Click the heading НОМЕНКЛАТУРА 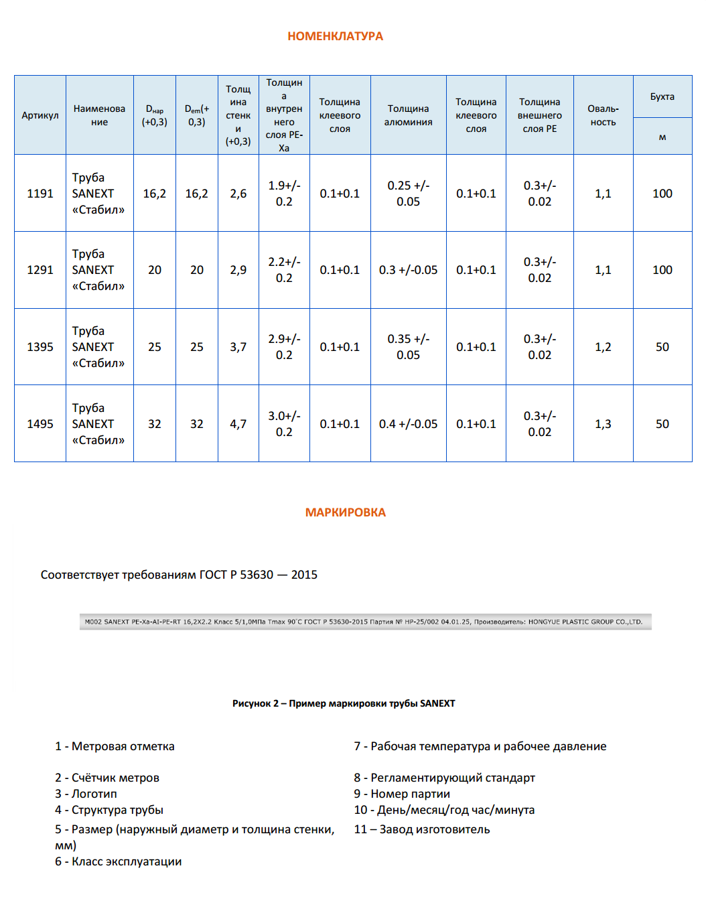click(x=335, y=36)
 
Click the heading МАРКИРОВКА click(x=345, y=512)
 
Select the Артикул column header click(x=40, y=115)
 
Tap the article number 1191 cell click(x=40, y=194)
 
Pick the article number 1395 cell click(x=40, y=347)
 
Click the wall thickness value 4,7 click(x=238, y=424)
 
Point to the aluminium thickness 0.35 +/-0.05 click(x=408, y=347)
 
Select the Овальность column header click(x=603, y=115)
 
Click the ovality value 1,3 click(x=603, y=424)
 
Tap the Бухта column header click(x=662, y=96)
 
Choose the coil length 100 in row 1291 click(x=662, y=270)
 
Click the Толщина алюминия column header click(x=408, y=115)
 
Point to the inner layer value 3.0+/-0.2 click(x=284, y=424)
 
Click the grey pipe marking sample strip click(x=365, y=622)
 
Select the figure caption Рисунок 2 click(x=344, y=703)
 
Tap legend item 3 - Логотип click(x=86, y=794)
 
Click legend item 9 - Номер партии click(x=402, y=794)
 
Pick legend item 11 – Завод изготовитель click(x=422, y=829)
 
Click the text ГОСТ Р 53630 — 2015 click(x=258, y=575)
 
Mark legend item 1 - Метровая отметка click(x=115, y=746)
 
